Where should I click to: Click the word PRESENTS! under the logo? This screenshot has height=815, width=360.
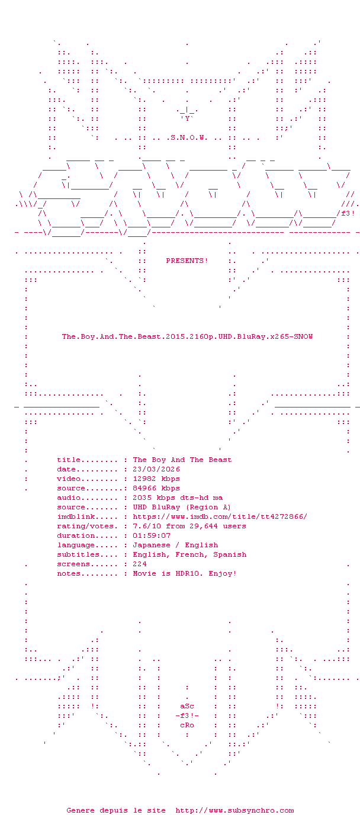(x=187, y=261)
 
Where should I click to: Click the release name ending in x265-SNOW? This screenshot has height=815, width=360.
(x=187, y=336)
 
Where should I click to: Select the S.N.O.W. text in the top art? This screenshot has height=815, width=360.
(x=189, y=137)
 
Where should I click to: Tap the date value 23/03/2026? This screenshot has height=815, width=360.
(x=156, y=469)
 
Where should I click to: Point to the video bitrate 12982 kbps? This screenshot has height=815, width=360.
(x=156, y=479)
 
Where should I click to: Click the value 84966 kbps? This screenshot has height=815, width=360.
(x=156, y=488)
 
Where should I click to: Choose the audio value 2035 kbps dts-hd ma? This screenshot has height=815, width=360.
(x=178, y=498)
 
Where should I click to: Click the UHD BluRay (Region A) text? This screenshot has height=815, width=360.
(x=182, y=507)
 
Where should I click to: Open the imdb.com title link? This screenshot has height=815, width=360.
(x=220, y=516)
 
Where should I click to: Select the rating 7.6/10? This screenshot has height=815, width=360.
(x=147, y=526)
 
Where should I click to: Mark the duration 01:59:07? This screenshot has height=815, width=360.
(x=152, y=535)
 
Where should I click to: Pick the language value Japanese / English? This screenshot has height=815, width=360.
(x=175, y=545)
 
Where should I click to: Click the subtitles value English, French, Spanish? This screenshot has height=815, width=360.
(x=189, y=554)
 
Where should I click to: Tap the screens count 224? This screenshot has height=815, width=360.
(x=140, y=564)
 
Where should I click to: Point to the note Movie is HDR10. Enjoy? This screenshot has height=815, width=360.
(x=185, y=573)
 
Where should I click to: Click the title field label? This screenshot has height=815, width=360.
(x=69, y=460)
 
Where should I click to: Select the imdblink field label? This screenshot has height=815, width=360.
(x=76, y=516)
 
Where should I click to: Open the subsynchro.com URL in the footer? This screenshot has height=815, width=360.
(x=235, y=810)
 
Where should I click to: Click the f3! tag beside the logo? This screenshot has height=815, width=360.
(x=348, y=213)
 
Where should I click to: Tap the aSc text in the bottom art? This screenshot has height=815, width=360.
(x=187, y=706)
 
